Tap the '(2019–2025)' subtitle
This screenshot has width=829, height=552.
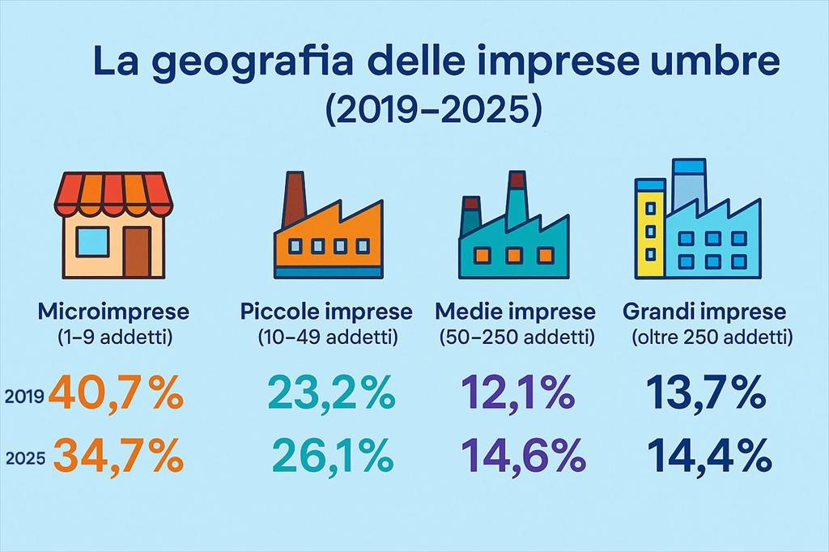431,110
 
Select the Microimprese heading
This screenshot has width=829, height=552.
113,311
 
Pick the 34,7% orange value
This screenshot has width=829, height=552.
118,456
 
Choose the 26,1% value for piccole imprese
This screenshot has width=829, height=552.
332,456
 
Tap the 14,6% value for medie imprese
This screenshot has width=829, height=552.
523,456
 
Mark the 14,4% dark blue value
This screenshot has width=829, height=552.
709,456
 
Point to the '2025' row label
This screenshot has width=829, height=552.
24,459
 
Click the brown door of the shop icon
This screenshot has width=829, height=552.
137,251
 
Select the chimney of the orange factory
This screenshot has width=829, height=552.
293,199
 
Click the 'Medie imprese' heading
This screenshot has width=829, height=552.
515,311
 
